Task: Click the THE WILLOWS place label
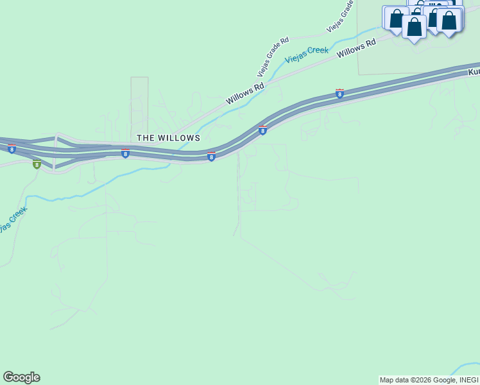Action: pyautogui.click(x=168, y=138)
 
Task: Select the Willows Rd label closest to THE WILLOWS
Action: pyautogui.click(x=245, y=94)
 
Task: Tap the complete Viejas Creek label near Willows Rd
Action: pyautogui.click(x=307, y=54)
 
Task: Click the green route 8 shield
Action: pyautogui.click(x=37, y=165)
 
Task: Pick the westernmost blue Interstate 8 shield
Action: pyautogui.click(x=12, y=149)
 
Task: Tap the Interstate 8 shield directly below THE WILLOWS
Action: pyautogui.click(x=125, y=154)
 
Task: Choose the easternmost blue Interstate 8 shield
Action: pyautogui.click(x=339, y=94)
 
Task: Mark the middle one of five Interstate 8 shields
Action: pyautogui.click(x=211, y=157)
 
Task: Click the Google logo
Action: pyautogui.click(x=21, y=377)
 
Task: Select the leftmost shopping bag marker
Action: pyautogui.click(x=396, y=18)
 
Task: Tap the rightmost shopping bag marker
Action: pyautogui.click(x=449, y=19)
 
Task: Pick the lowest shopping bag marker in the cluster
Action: pyautogui.click(x=415, y=27)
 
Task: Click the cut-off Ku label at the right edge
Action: pyautogui.click(x=474, y=73)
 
